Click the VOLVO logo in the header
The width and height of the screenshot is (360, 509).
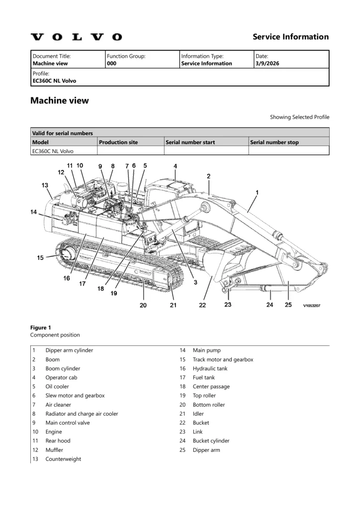76,37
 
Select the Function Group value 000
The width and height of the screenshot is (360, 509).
111,64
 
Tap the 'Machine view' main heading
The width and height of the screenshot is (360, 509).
60,100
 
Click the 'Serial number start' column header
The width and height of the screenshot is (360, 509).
190,142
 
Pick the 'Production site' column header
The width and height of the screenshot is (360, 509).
119,142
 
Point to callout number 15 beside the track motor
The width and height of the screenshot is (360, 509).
41,257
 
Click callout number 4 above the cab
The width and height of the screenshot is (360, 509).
175,166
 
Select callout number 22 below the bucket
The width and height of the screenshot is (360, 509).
202,305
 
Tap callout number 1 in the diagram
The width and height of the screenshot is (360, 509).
257,192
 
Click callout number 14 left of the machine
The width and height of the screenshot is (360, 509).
33,212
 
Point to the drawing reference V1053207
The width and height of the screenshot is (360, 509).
312,306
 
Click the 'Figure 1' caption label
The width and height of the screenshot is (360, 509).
41,328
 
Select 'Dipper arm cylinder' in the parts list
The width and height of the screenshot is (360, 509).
69,350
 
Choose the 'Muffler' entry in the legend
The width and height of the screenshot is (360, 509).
54,450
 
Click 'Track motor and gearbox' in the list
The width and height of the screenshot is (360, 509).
223,359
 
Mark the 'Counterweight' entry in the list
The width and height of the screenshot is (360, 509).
63,459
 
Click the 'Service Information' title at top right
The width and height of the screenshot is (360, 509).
290,37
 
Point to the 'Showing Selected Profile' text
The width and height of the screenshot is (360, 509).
299,117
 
